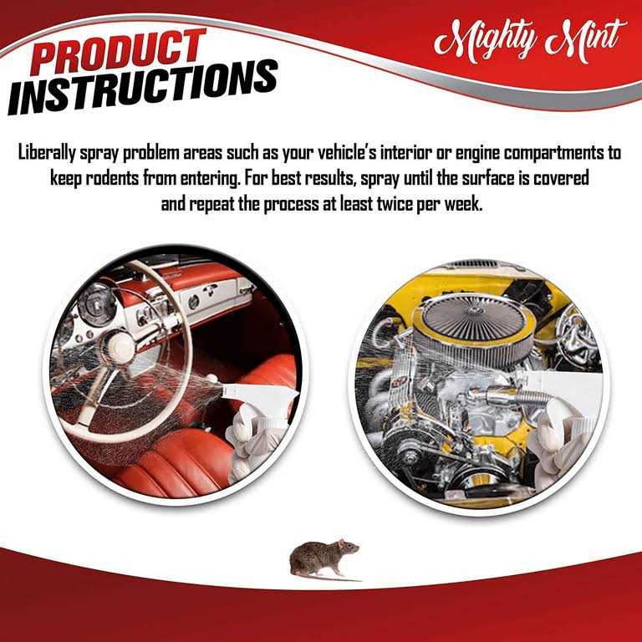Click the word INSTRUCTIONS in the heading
(x=143, y=88)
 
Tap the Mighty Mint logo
(x=530, y=41)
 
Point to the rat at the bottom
(x=324, y=559)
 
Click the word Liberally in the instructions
(x=47, y=153)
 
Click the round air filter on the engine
(x=473, y=324)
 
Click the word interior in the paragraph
(x=405, y=153)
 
